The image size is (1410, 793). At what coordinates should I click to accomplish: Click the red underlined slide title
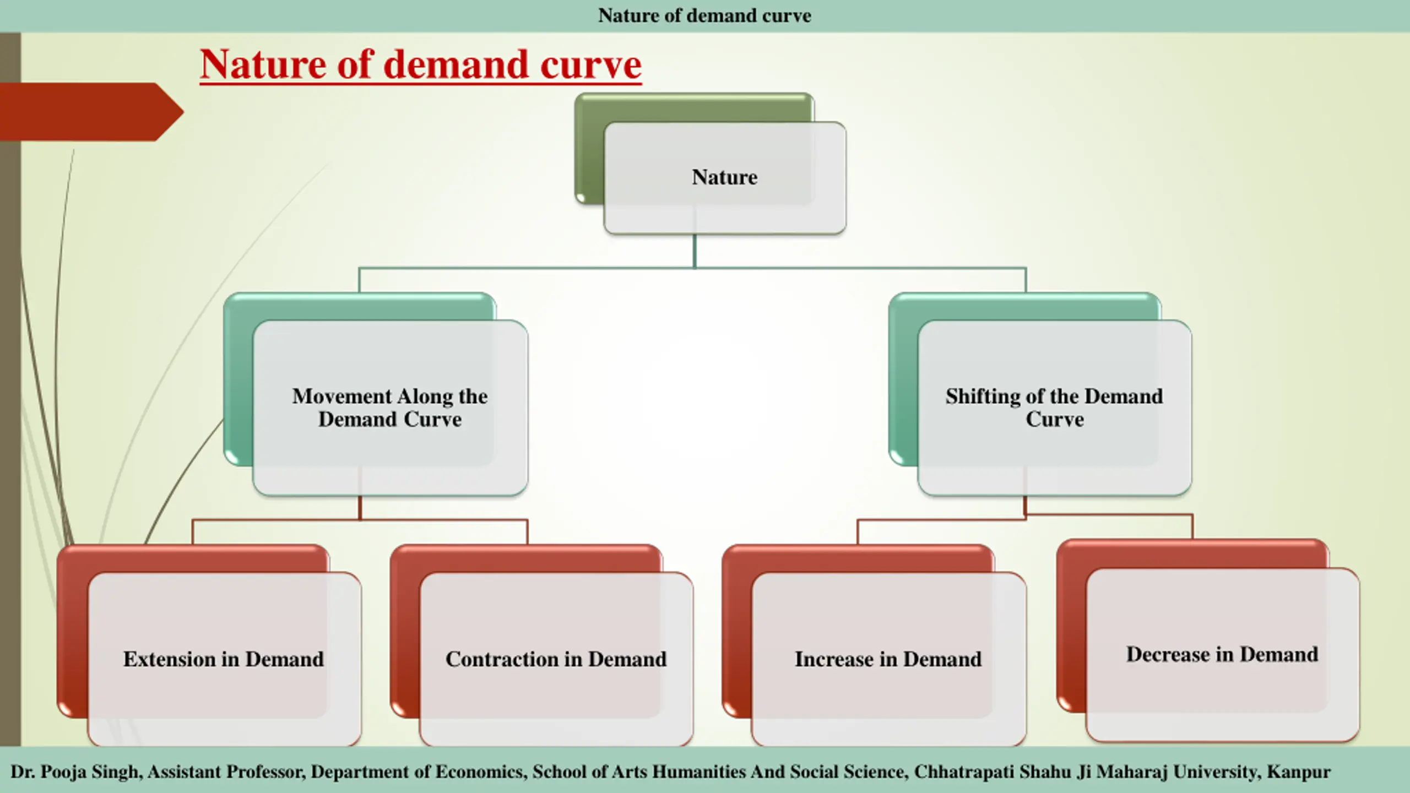(420, 65)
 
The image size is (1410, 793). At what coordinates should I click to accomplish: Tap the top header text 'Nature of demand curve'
(704, 15)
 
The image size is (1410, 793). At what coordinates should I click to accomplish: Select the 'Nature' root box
(724, 177)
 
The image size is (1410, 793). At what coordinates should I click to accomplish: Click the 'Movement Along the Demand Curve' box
(390, 408)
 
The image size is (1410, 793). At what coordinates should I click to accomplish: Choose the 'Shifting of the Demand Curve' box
(1054, 408)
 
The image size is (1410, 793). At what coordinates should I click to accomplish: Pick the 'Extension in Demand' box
(224, 659)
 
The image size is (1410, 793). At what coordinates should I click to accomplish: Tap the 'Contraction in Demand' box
(556, 659)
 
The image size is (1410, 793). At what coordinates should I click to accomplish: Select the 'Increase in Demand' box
(888, 659)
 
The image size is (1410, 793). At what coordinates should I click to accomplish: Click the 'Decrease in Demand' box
(1222, 654)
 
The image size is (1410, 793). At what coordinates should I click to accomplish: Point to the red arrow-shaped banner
(88, 112)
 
